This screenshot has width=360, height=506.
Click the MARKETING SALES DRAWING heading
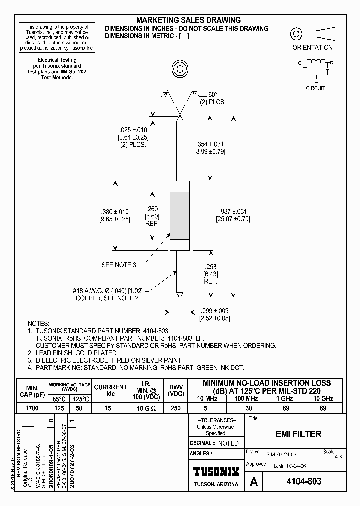pos(189,20)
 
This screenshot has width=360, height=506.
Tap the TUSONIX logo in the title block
pos(216,471)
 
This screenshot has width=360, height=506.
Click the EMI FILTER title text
pos(299,434)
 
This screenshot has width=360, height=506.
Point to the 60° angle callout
pos(213,94)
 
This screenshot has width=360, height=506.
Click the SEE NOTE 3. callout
pos(119,265)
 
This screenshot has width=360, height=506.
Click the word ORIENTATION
pos(312,48)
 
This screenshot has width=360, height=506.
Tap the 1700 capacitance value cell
pos(32,408)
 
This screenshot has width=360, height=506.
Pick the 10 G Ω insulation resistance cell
pos(147,408)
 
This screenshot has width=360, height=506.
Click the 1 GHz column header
pos(285,398)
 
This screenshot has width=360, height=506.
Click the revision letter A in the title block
pos(254,482)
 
